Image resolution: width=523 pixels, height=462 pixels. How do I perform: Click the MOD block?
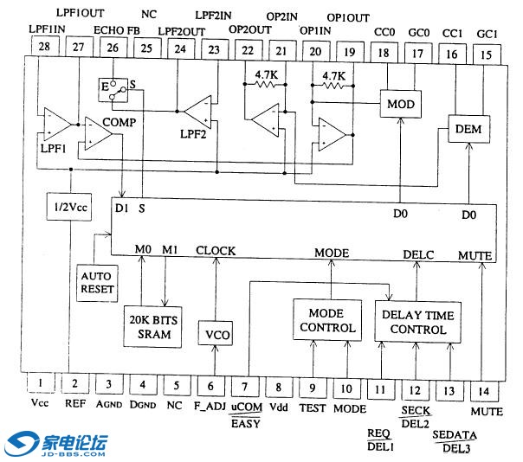[401, 105]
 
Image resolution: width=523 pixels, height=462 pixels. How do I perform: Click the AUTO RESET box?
[97, 281]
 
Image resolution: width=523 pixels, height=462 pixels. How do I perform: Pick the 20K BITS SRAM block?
[153, 324]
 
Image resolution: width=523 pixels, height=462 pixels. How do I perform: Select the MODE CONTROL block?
[326, 321]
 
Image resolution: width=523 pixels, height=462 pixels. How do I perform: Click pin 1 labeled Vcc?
[40, 382]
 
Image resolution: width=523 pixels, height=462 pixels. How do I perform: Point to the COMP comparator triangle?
[102, 134]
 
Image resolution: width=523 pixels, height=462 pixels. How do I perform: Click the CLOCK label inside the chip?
[216, 252]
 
